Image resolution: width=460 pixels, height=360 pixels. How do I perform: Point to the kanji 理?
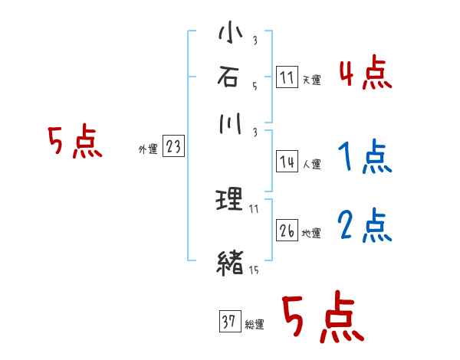click(x=230, y=201)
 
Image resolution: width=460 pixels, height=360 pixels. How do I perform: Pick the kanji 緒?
click(x=230, y=263)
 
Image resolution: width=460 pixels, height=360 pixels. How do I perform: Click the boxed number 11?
click(x=287, y=78)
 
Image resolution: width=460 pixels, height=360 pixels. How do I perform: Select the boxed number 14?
click(x=287, y=162)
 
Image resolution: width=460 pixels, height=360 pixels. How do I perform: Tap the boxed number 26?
click(x=287, y=230)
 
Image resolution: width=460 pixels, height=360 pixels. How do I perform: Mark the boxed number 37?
click(x=228, y=322)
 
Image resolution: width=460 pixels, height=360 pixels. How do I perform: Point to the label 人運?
click(x=311, y=164)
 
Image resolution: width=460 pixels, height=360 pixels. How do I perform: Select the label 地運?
click(x=311, y=233)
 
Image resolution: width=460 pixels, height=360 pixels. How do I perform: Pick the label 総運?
click(x=254, y=325)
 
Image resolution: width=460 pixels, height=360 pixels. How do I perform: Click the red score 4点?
click(x=365, y=74)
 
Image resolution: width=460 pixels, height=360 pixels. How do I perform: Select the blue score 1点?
click(x=365, y=159)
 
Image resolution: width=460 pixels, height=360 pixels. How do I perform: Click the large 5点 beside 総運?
click(x=322, y=319)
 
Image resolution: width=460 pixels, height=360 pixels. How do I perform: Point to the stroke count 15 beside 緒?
click(x=253, y=270)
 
